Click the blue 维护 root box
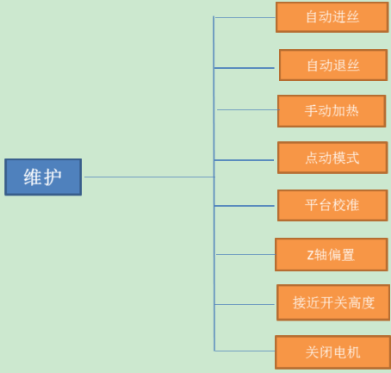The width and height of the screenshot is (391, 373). coord(43,177)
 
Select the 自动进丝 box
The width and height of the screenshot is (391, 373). coord(332,17)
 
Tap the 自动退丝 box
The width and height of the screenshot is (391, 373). coord(333,65)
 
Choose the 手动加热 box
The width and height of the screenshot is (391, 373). coord(332,111)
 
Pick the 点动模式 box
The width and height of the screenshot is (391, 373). coord(332,158)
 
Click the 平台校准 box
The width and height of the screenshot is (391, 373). coord(332,205)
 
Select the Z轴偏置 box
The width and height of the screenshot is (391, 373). coord(332,254)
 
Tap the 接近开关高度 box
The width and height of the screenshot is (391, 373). coord(333,302)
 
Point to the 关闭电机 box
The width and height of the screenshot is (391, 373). coord(333,352)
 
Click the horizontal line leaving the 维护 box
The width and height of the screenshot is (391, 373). coord(149,177)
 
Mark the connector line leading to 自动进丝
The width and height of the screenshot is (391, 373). coord(245,17)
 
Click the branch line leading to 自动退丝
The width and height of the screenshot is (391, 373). coord(245,68)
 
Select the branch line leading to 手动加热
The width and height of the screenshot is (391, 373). coord(248,109)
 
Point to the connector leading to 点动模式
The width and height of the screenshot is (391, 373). coord(244,160)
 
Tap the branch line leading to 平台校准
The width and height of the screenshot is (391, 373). coord(245,206)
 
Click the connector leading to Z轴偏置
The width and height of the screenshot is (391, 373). coord(245,254)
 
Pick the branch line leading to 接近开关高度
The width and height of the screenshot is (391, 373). coord(245,304)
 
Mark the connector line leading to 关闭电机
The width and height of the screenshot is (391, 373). coord(245,351)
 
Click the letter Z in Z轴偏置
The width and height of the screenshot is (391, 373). coord(310,255)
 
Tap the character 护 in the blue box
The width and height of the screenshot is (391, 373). coord(53,177)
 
